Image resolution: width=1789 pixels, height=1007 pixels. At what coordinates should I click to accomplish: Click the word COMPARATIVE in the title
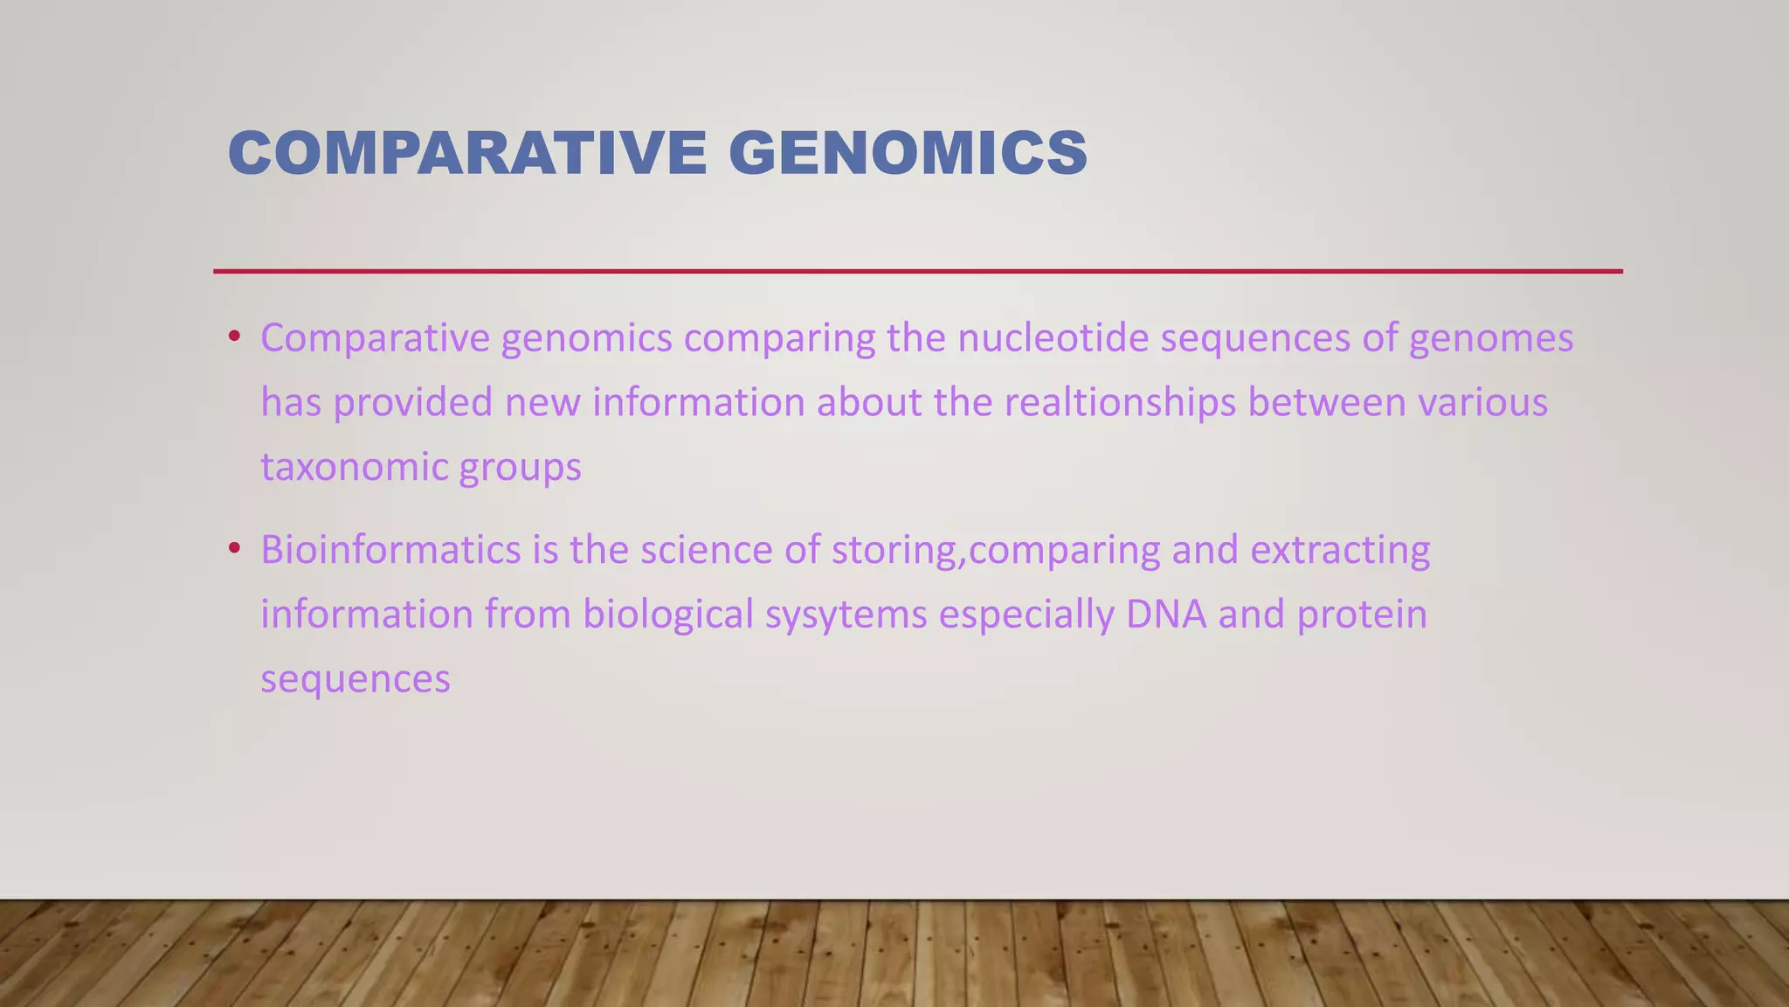[x=466, y=153]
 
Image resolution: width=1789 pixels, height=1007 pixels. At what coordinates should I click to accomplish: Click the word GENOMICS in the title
[x=908, y=153]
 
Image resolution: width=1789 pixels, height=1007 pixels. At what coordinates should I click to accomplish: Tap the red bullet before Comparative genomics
[x=233, y=337]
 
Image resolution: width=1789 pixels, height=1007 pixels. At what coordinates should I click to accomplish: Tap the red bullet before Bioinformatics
[x=233, y=549]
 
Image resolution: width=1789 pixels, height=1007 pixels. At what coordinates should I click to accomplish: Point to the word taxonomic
[x=354, y=468]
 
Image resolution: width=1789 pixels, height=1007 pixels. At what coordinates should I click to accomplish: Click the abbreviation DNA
[x=1165, y=615]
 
